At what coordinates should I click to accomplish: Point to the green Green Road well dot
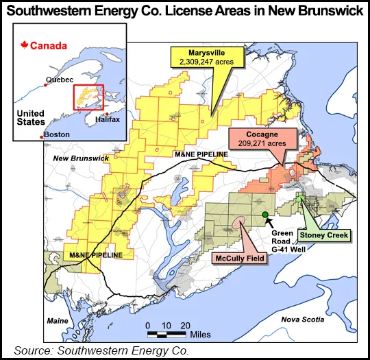tap(265, 216)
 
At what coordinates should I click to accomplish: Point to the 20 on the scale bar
tap(185, 324)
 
